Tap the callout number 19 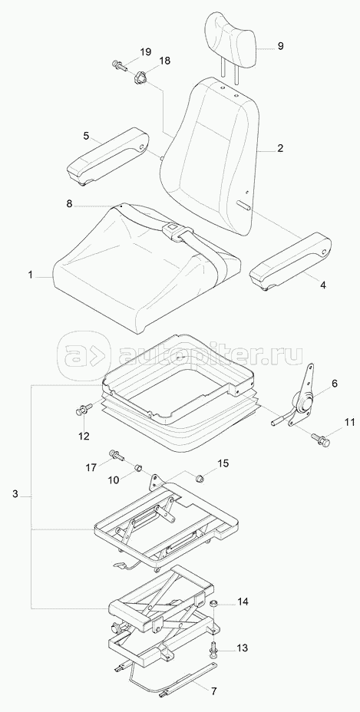(x=145, y=51)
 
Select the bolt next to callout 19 (x=119, y=65)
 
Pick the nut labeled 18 (x=140, y=77)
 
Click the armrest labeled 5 (x=107, y=159)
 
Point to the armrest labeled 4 (x=290, y=262)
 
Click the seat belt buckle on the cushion (x=172, y=226)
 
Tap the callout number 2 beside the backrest (x=280, y=148)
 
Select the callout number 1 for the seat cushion (x=30, y=275)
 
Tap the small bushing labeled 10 (x=140, y=467)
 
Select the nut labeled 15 (x=199, y=478)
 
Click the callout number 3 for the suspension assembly (x=15, y=494)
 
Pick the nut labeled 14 (x=214, y=605)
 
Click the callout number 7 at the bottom (x=213, y=691)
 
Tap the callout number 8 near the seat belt (x=69, y=204)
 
